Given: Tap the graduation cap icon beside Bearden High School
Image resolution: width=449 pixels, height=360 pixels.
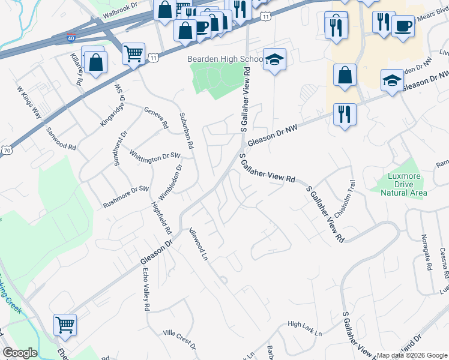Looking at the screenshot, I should (274, 59).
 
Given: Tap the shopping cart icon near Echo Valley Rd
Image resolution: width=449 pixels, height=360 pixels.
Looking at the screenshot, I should (65, 325).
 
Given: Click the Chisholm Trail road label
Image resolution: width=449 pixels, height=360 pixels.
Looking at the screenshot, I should (345, 199).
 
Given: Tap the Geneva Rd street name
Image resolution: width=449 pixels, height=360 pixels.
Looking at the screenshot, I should (156, 118).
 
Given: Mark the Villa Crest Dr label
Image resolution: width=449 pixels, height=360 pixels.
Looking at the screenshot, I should (179, 340).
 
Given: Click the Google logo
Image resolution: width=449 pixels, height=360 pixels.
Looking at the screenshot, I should (20, 353).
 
